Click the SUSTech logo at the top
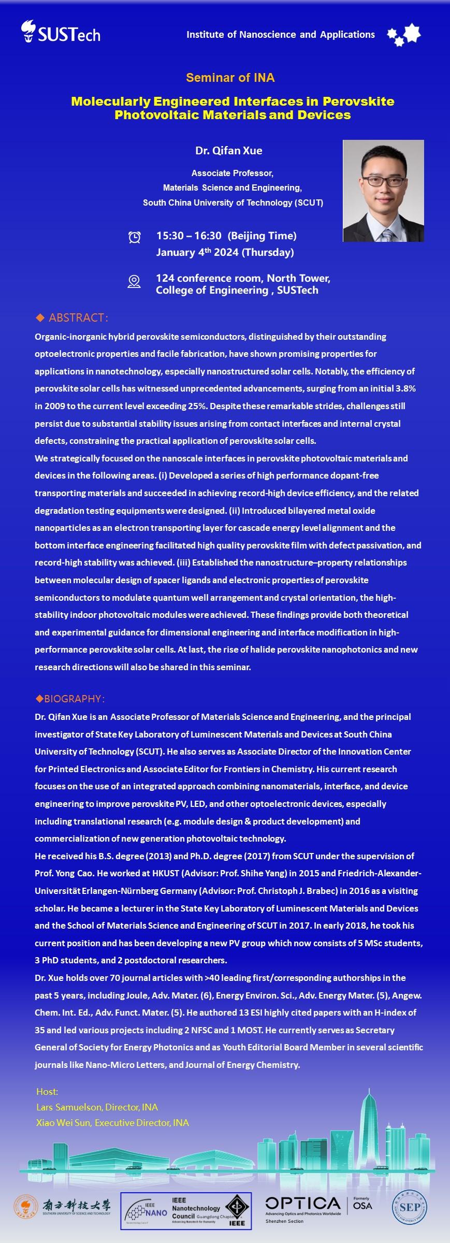61,32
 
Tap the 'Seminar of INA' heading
230,78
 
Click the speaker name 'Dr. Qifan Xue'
228,151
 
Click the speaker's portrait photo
383,191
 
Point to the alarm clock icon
134,237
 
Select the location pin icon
134,281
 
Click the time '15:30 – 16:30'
189,236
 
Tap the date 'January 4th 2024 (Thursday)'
225,252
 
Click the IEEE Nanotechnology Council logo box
186,1210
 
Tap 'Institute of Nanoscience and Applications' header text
280,35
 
